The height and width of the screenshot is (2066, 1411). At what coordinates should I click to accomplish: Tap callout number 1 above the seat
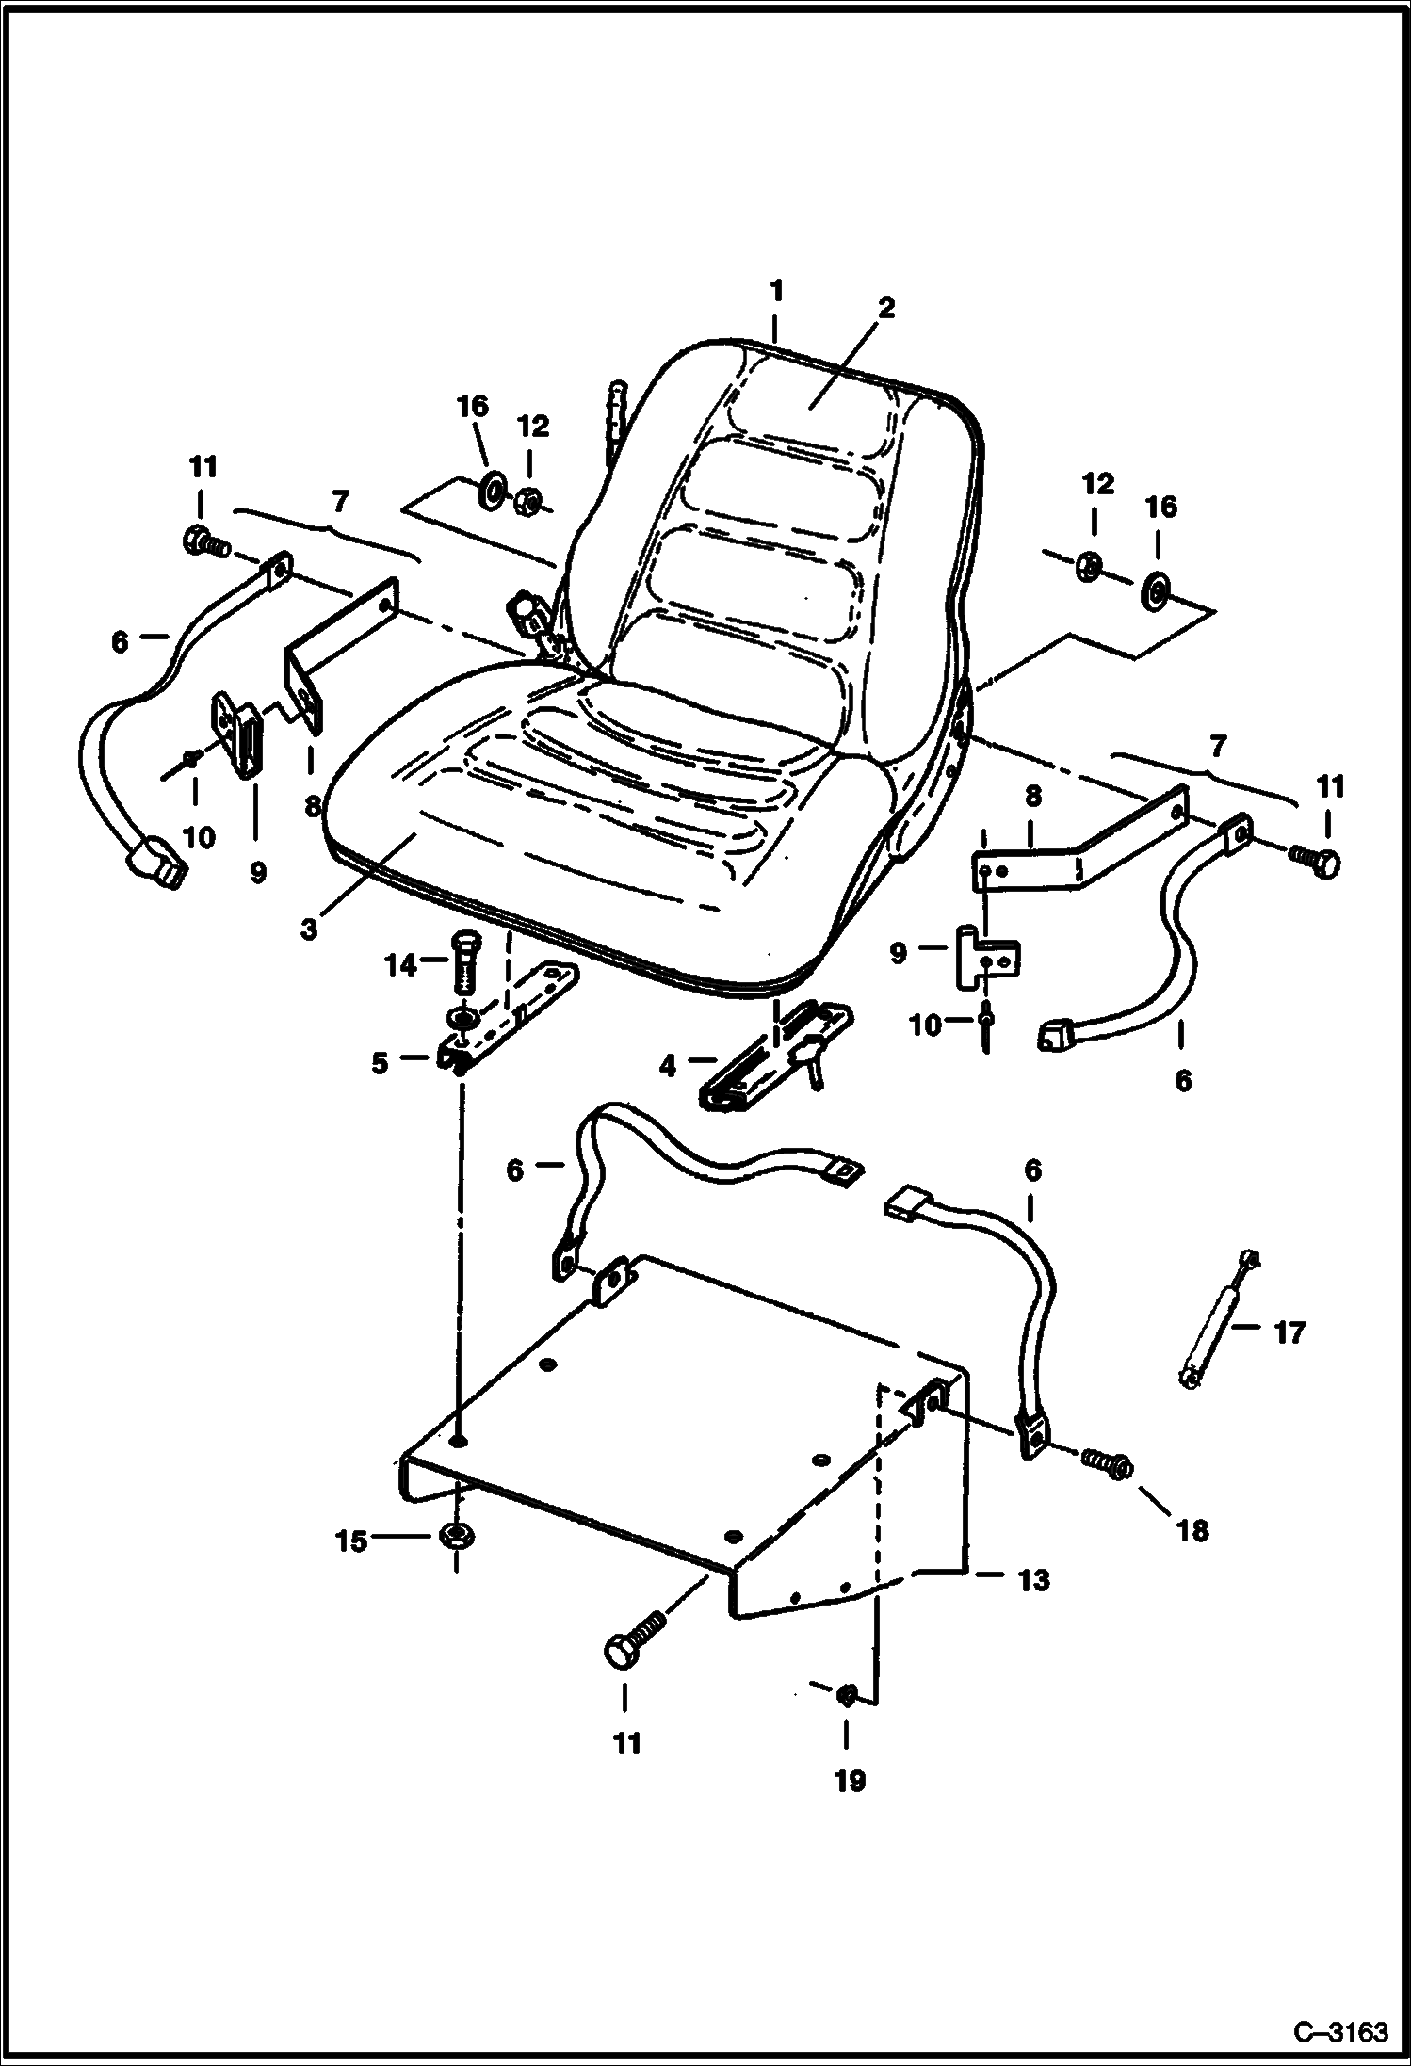tap(776, 292)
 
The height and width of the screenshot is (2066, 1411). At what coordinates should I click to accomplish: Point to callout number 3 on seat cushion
tap(309, 928)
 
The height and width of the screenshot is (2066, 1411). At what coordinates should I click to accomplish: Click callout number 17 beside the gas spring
tap(1289, 1332)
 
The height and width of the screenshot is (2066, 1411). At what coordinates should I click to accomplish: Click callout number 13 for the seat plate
tap(1033, 1579)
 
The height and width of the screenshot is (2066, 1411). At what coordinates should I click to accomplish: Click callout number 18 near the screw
tap(1192, 1530)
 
